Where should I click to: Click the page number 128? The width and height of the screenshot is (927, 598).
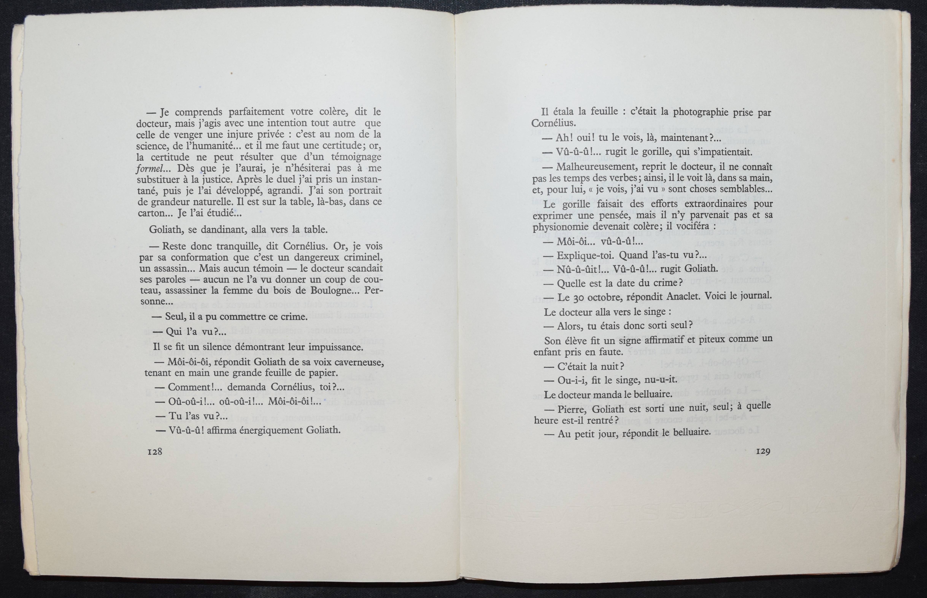pyautogui.click(x=155, y=452)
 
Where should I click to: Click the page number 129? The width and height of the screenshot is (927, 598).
pyautogui.click(x=763, y=451)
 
